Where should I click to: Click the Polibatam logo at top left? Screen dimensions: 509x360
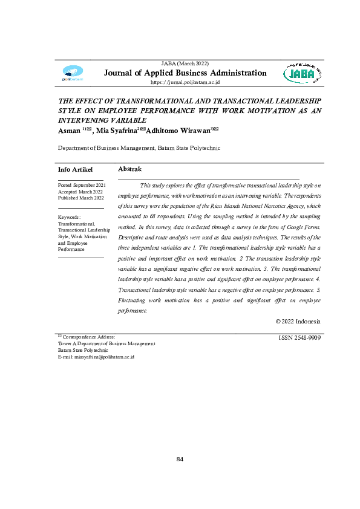tap(73, 74)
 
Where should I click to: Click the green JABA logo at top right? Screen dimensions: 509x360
tap(303, 74)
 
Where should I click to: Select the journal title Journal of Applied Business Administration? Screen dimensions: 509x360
tap(185, 73)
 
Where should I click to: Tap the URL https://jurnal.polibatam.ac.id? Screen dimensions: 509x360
tap(185, 82)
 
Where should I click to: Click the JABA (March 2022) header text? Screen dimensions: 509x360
tap(185, 63)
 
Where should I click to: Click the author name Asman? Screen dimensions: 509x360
tap(69, 131)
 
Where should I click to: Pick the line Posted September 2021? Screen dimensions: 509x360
tap(82, 184)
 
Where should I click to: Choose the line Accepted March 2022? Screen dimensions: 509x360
tap(80, 191)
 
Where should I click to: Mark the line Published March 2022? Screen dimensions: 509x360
tap(81, 198)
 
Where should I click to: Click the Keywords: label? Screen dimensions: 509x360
tap(70, 216)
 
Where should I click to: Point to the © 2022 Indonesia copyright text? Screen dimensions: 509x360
tap(298, 322)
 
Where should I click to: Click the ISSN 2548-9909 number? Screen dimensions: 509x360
tap(299, 338)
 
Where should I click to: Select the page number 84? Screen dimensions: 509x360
tap(180, 459)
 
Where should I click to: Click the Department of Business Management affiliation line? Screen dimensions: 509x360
tap(139, 148)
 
